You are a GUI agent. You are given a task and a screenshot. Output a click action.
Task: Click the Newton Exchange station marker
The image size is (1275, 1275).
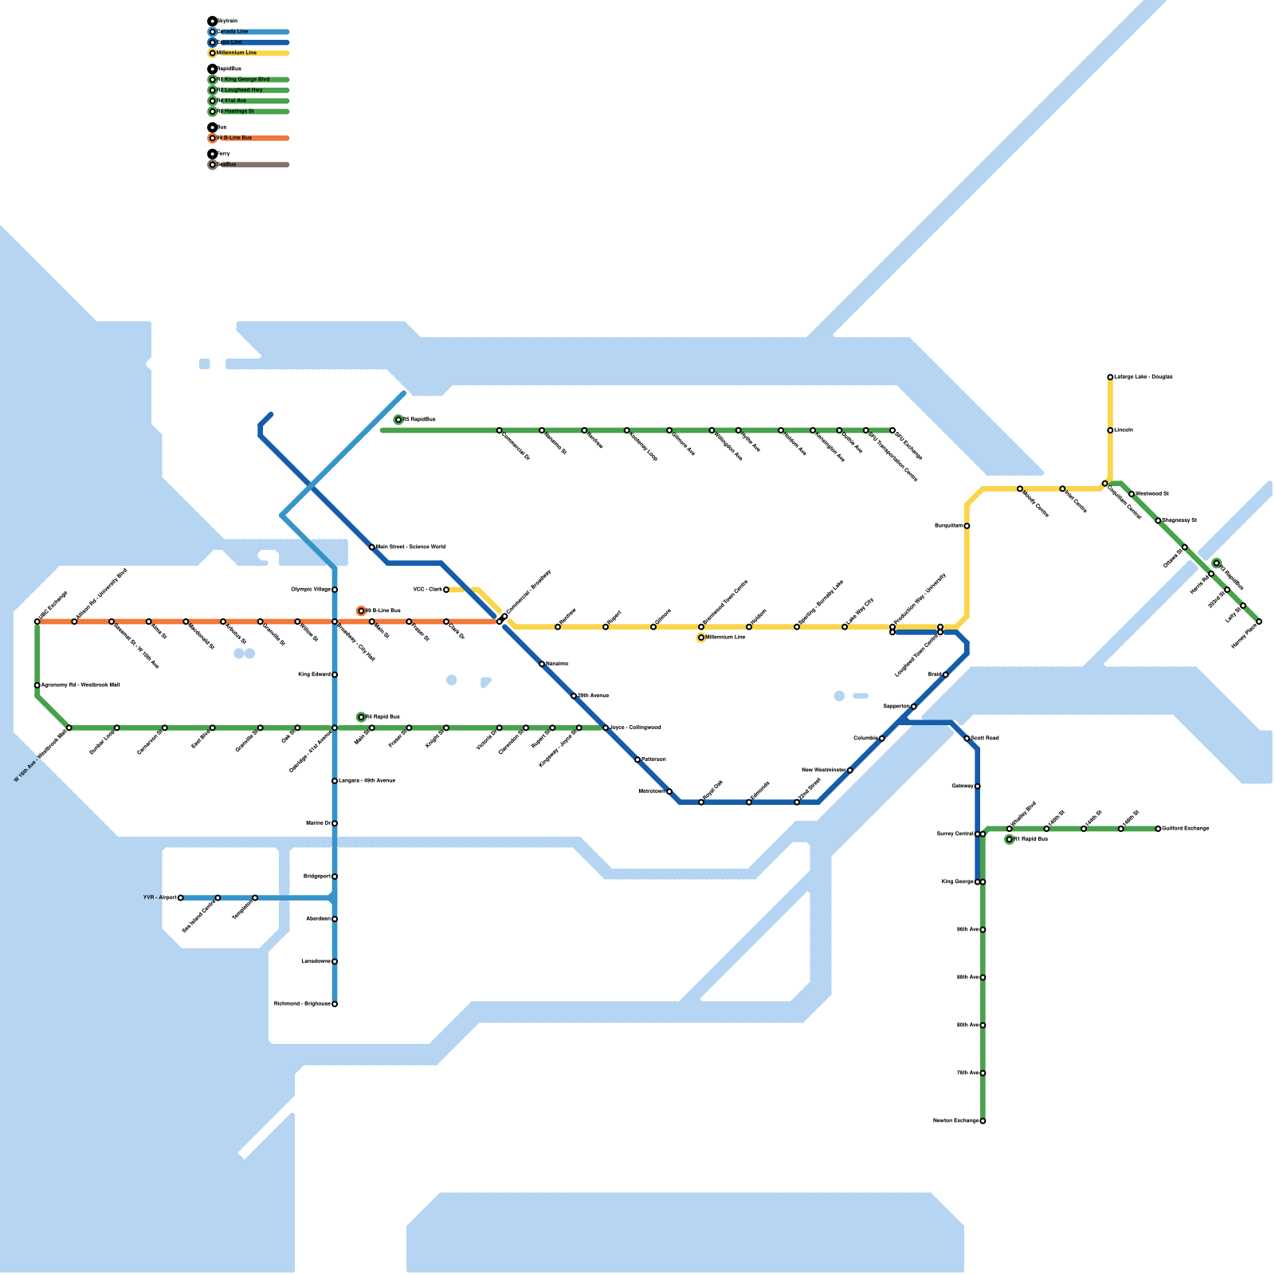[x=983, y=1121]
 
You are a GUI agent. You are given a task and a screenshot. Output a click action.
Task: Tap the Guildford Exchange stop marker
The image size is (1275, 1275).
[x=1158, y=829]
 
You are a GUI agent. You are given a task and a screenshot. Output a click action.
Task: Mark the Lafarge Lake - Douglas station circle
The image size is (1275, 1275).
[x=1110, y=377]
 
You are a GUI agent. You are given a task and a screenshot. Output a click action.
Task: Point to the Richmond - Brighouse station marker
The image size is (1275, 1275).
[x=335, y=1004]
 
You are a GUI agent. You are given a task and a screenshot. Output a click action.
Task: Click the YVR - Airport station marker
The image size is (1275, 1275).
[x=181, y=898]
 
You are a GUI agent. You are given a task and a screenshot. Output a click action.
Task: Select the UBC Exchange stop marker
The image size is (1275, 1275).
[x=37, y=622]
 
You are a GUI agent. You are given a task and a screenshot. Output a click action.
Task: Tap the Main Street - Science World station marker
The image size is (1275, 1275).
[x=372, y=547]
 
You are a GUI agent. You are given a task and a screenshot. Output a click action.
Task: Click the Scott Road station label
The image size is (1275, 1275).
[x=985, y=739]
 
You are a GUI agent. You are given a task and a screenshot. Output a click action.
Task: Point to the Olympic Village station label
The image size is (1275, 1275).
[x=311, y=590]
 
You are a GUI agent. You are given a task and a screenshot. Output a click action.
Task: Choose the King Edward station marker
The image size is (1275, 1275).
[x=335, y=675]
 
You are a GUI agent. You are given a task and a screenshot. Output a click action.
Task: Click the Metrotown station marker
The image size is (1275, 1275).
[x=669, y=791]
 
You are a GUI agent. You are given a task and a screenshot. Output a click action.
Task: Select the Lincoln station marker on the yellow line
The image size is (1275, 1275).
[x=1110, y=430]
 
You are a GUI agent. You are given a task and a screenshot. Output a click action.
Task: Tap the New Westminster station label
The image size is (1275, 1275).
[x=824, y=771]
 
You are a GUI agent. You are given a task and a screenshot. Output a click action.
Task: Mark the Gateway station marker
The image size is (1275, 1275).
[x=978, y=787]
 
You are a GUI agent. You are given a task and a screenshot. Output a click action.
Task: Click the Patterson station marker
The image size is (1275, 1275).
[x=637, y=759]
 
